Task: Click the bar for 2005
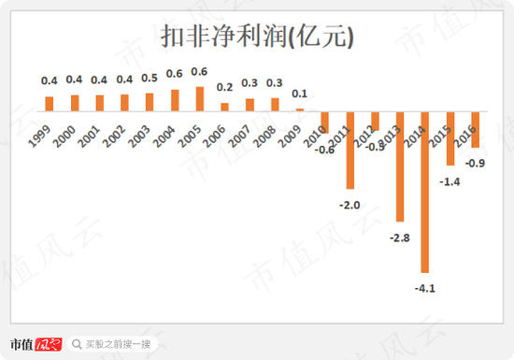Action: [x=199, y=99]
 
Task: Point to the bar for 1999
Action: [x=50, y=103]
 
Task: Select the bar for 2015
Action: [x=450, y=138]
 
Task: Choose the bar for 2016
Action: [x=475, y=129]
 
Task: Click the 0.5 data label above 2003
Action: [x=150, y=79]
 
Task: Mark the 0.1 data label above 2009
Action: [x=300, y=94]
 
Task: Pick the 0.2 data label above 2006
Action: [x=224, y=88]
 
